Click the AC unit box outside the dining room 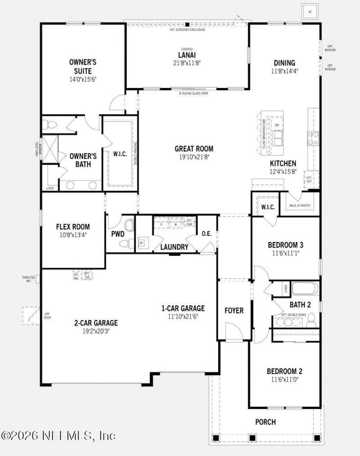[x=310, y=11]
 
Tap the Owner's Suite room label [x=82, y=67]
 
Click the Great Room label [x=194, y=149]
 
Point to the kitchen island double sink [x=277, y=138]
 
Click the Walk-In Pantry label [x=300, y=206]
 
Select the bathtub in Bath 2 [x=305, y=289]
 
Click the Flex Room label [x=73, y=227]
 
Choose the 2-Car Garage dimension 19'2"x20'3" [x=96, y=331]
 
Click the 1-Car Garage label [x=183, y=308]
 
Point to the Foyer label [x=234, y=311]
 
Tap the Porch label [x=265, y=422]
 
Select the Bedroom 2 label [x=284, y=371]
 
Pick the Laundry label [x=174, y=247]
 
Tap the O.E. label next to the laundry [x=207, y=234]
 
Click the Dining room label [x=284, y=63]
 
